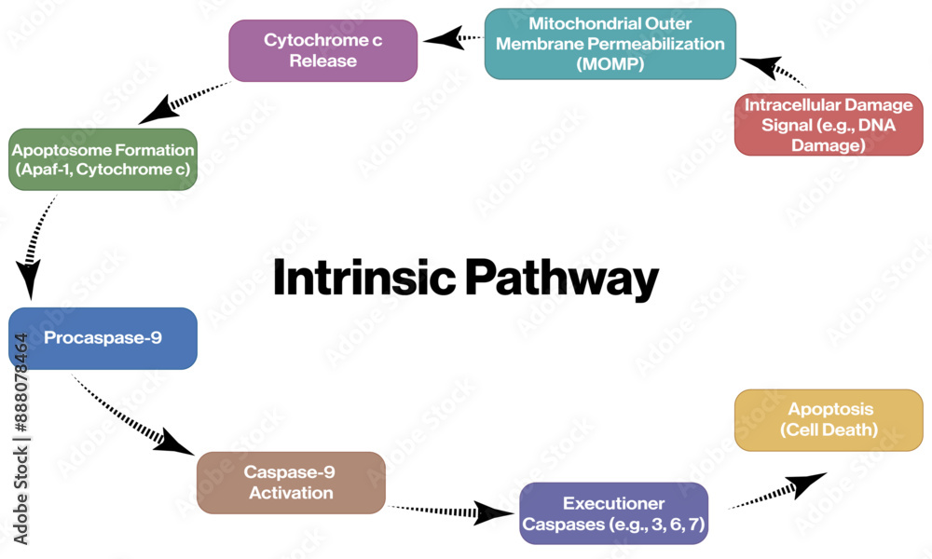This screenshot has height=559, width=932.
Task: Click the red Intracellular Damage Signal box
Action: (828, 124)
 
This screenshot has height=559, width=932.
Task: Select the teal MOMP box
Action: (610, 44)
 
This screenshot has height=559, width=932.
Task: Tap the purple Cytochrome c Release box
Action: (322, 50)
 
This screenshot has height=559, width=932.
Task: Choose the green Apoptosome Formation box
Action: (103, 159)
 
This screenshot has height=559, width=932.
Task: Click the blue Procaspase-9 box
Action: (103, 337)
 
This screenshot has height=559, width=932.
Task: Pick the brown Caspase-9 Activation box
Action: (291, 483)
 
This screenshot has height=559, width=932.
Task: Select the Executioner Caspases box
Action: (613, 513)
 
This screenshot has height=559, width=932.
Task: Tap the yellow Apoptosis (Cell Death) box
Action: (829, 419)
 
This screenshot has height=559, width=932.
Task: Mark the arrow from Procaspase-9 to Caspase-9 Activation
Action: (134, 416)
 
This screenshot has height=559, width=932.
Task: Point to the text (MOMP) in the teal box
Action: (610, 65)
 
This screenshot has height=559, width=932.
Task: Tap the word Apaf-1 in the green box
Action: (48, 170)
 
